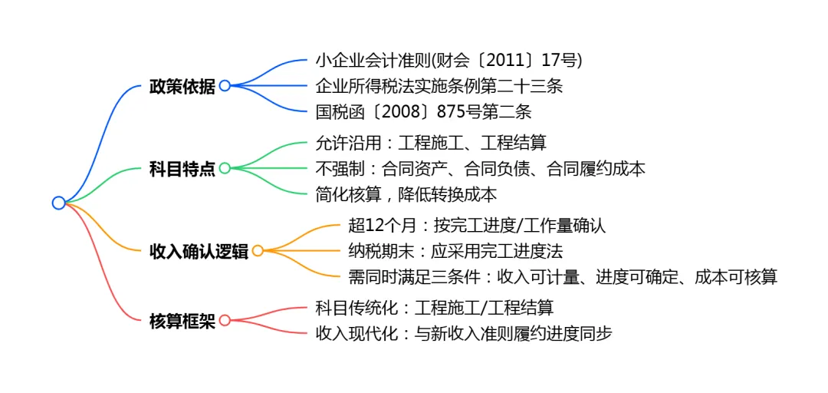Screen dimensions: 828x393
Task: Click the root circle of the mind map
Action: (59, 203)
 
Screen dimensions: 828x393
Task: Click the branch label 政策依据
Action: (182, 86)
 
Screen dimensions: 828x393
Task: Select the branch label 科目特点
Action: (182, 168)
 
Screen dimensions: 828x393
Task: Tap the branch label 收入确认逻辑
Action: (199, 251)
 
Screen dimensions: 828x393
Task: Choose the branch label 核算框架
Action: (182, 321)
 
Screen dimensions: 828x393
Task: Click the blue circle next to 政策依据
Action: (225, 86)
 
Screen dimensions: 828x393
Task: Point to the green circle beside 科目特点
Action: (225, 168)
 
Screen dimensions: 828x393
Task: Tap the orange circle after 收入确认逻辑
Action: (258, 250)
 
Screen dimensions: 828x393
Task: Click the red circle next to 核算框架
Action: (225, 320)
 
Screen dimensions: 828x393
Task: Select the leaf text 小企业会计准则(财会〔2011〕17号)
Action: (449, 60)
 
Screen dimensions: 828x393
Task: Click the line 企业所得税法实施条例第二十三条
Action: (439, 86)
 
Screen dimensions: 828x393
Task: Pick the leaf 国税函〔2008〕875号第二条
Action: (423, 111)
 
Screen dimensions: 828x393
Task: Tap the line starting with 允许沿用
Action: (431, 142)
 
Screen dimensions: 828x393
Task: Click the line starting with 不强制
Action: (481, 168)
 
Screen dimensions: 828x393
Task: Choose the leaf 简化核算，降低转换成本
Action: (406, 194)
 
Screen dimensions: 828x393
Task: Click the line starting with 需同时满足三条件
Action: (562, 276)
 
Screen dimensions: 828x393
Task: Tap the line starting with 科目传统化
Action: (434, 308)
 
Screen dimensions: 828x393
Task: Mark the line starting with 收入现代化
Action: (464, 333)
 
